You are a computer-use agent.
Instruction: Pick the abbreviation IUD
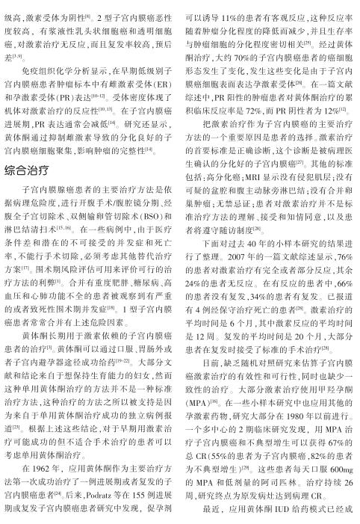278,520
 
